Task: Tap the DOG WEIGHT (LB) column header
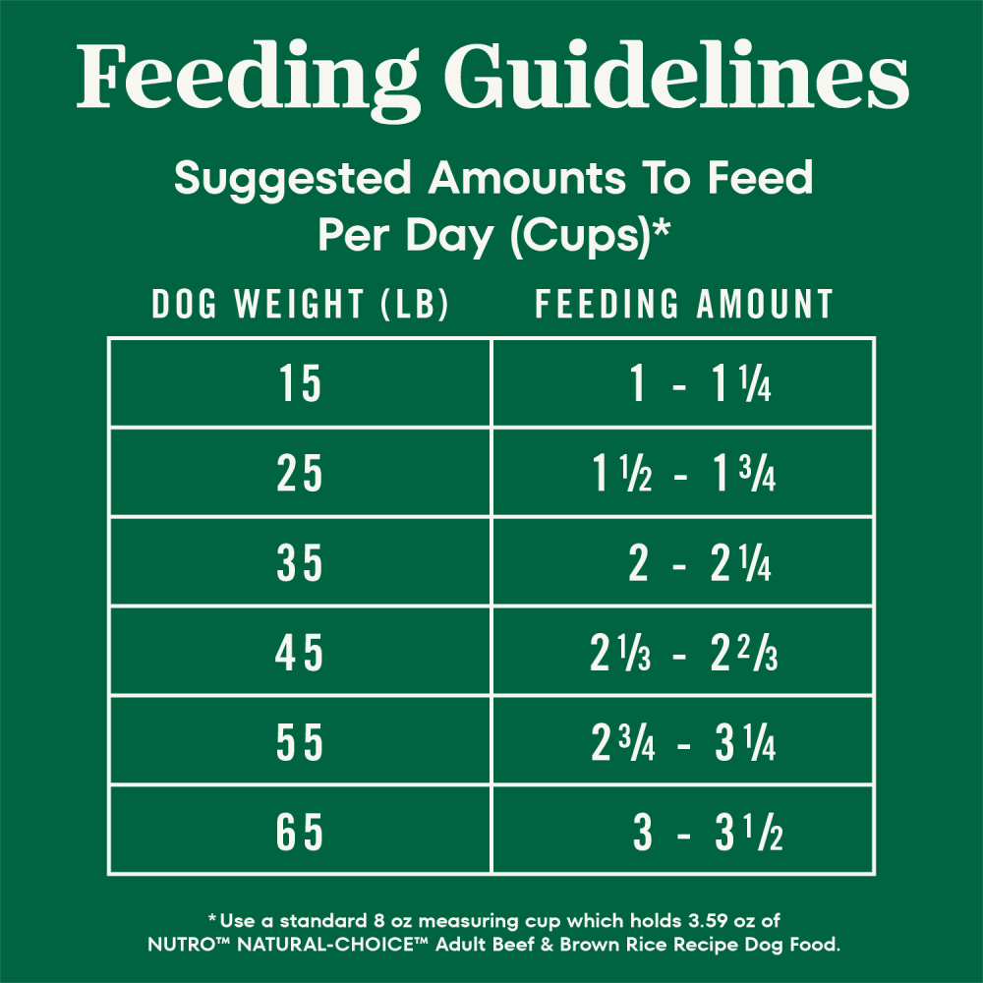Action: pyautogui.click(x=300, y=305)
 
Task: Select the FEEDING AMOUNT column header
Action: pyautogui.click(x=684, y=305)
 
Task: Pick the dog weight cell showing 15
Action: pyautogui.click(x=300, y=384)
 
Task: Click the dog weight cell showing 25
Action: pyautogui.click(x=300, y=475)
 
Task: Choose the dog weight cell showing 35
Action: pyautogui.click(x=300, y=565)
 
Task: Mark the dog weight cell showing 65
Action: pyautogui.click(x=300, y=834)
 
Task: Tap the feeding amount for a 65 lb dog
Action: pyautogui.click(x=706, y=834)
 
